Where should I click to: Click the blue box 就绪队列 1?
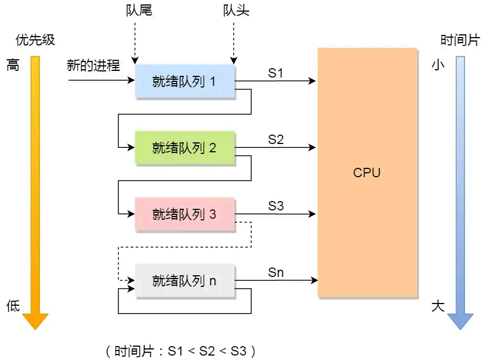point(185,81)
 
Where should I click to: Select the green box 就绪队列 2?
point(185,148)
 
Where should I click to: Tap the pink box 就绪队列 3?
point(185,214)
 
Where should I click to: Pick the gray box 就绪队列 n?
point(185,281)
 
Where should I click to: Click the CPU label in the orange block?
point(367,172)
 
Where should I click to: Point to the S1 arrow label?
point(276,73)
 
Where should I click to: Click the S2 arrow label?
point(276,140)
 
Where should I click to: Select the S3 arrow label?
point(276,206)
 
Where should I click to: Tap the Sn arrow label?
point(276,272)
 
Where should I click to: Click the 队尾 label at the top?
point(139,11)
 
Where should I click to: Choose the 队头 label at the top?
point(236,11)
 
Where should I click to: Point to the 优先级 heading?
point(35,40)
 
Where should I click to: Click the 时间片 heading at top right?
point(459,40)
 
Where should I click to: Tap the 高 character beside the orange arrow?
point(13,65)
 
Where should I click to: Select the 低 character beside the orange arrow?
point(13,306)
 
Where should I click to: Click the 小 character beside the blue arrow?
point(438,65)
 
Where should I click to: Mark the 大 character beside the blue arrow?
point(438,306)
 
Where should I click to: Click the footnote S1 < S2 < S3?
point(180,351)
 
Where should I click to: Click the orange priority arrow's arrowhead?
point(35,321)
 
